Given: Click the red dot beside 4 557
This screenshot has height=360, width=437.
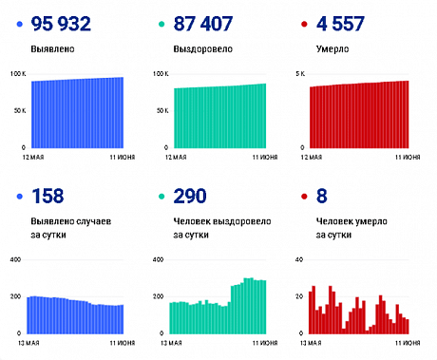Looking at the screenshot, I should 302,22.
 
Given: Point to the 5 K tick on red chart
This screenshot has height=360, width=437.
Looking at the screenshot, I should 299,73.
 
